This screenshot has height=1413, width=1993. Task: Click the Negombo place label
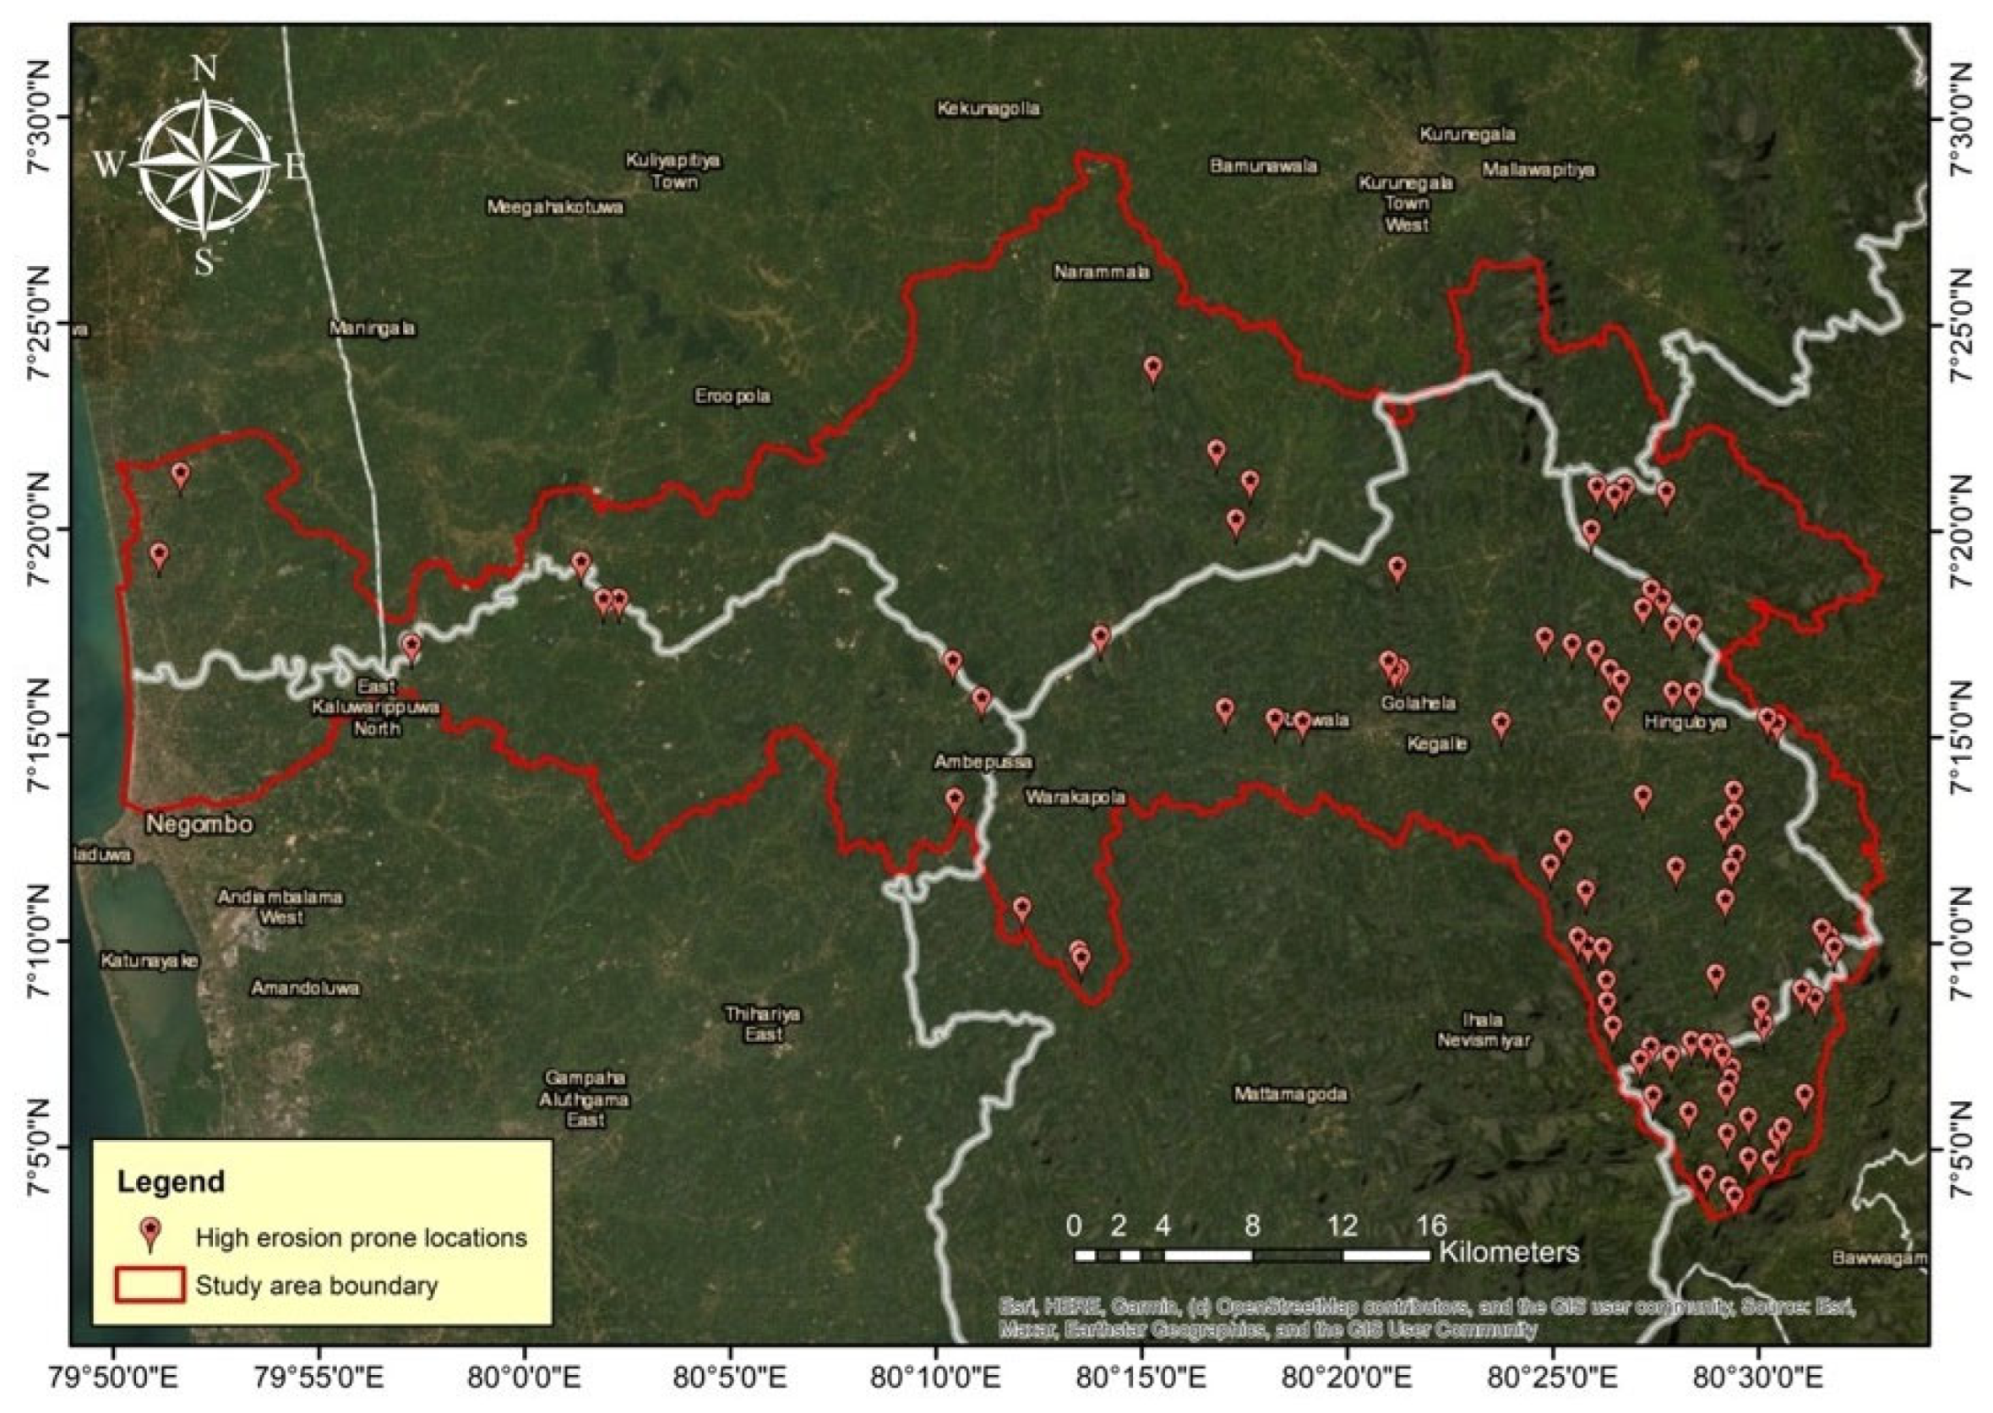(199, 824)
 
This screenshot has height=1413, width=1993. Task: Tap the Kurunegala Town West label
(1406, 204)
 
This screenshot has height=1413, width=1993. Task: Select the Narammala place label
(1102, 272)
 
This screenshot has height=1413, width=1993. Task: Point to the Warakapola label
(1075, 797)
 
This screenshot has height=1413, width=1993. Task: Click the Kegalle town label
(1437, 744)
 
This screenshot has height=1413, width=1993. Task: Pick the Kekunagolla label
(988, 109)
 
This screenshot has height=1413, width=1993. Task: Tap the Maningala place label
(373, 329)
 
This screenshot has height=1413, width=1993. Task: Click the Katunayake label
(150, 962)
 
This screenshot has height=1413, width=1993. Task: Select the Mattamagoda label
(1291, 1094)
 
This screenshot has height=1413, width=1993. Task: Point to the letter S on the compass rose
(204, 262)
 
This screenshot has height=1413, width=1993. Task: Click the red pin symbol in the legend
(151, 1234)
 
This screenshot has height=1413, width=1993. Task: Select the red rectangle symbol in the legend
(150, 1285)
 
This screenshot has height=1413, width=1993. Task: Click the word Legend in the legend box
(172, 1181)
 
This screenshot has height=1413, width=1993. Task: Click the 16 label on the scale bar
(1431, 1226)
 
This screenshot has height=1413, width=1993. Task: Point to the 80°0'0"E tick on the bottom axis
(525, 1380)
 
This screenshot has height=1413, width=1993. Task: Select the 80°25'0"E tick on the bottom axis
(1554, 1380)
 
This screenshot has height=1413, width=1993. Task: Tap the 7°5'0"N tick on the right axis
(1959, 1147)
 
